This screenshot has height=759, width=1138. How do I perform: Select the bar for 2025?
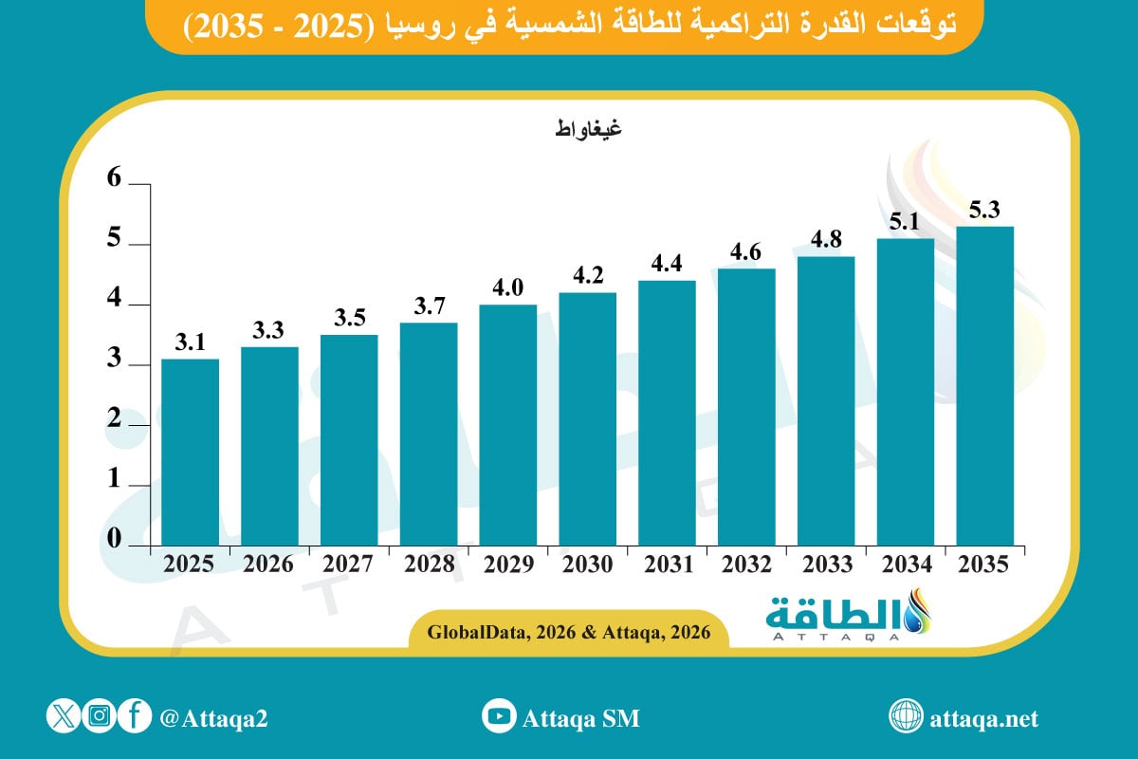191,453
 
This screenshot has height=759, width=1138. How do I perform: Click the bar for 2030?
588,419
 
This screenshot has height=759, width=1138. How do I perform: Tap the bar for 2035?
984,386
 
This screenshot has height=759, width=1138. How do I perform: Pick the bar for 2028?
429,435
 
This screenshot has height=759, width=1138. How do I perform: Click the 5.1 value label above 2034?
906,221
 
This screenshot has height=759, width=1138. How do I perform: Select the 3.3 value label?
269,330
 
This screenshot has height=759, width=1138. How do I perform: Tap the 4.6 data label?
746,252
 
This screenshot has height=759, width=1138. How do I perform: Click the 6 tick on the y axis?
115,179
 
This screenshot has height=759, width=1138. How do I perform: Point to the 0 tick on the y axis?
115,540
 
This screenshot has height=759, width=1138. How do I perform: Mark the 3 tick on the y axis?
115,360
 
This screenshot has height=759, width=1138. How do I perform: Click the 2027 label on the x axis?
349,565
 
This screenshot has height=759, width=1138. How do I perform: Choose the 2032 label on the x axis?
746,565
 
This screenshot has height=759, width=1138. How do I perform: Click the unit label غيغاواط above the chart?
588,129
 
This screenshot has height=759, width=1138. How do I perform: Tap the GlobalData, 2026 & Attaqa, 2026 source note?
568,632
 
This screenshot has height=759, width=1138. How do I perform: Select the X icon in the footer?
63,717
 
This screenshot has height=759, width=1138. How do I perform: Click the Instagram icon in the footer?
100,717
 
